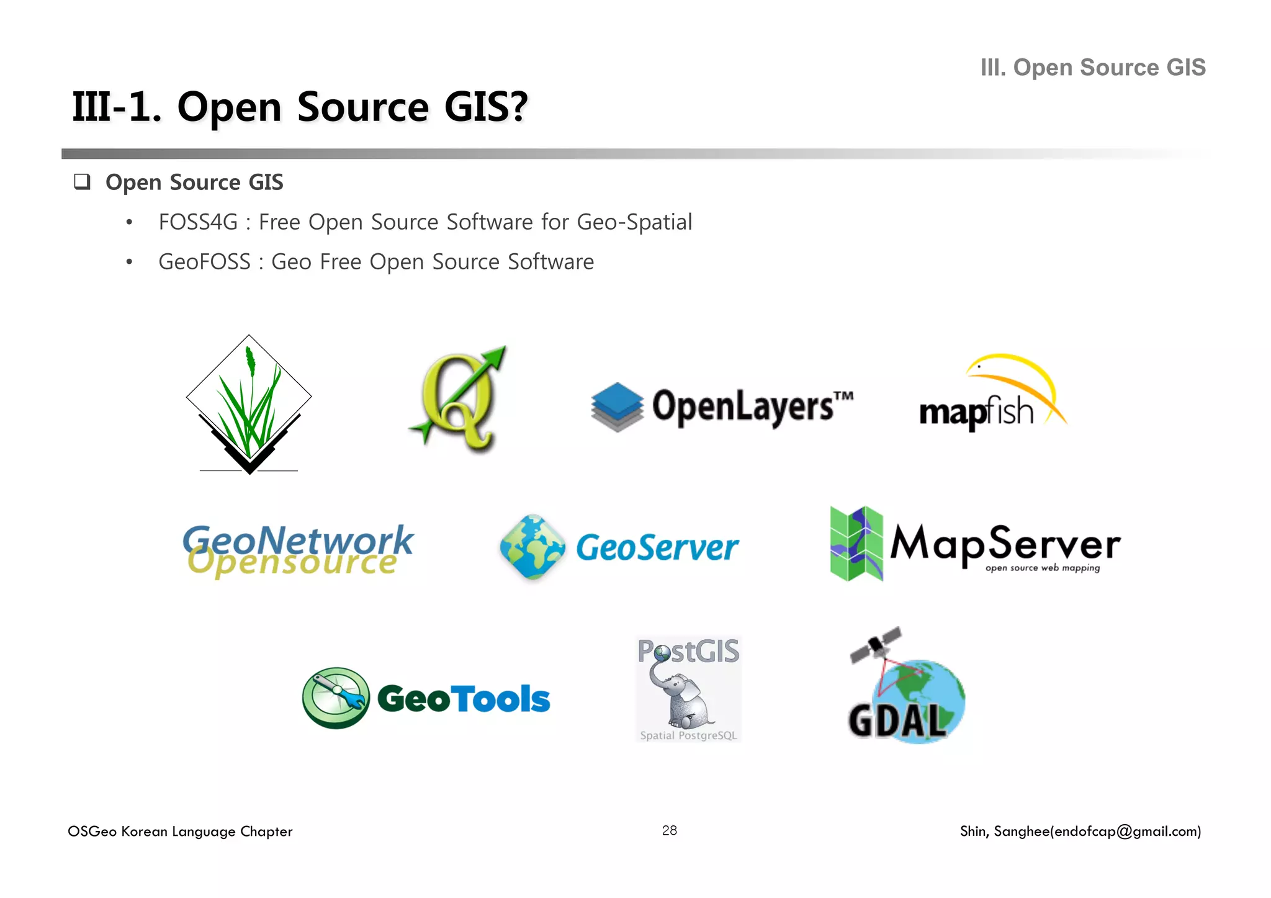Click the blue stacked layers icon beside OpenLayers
click(617, 406)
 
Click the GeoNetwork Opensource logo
click(298, 550)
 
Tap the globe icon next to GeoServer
click(532, 547)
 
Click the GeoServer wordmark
click(657, 548)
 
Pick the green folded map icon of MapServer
click(856, 544)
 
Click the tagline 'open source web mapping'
click(1042, 568)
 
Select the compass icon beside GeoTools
click(336, 698)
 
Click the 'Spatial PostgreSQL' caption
click(688, 735)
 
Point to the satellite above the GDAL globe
click(876, 645)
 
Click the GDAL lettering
click(897, 722)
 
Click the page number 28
click(669, 830)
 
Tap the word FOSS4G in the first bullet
click(198, 222)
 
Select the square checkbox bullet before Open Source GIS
click(82, 182)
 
